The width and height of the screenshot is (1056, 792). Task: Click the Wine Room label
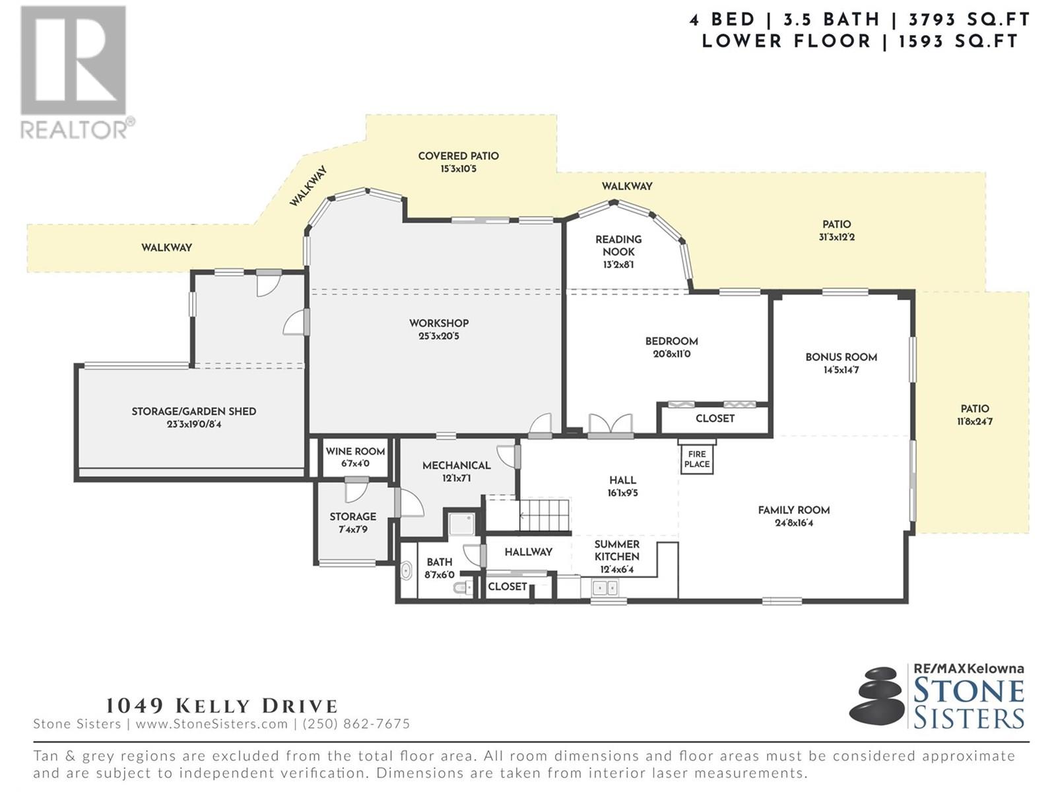click(355, 451)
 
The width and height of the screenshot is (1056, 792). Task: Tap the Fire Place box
click(696, 459)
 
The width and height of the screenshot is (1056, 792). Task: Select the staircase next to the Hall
click(544, 515)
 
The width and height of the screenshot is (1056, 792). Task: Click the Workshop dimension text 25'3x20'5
click(439, 336)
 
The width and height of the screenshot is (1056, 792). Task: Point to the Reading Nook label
click(618, 246)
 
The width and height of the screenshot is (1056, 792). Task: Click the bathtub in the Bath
click(407, 572)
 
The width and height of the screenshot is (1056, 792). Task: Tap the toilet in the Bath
click(462, 587)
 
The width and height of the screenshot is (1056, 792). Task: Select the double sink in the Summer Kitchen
click(605, 587)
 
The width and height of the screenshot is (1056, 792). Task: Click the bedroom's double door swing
click(610, 424)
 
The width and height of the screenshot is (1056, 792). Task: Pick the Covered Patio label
click(458, 156)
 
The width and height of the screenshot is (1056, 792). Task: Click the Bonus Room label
click(841, 357)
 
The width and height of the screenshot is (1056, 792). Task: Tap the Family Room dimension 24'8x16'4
click(794, 523)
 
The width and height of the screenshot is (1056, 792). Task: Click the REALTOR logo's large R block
click(73, 61)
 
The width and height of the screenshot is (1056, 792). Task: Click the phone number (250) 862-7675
click(356, 724)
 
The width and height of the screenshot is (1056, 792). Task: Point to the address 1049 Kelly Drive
click(221, 706)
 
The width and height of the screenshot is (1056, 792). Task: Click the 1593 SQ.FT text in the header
click(958, 42)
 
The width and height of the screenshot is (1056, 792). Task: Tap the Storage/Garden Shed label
click(194, 411)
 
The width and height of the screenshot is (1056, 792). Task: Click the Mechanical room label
click(457, 465)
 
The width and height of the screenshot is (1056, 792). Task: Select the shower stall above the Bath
click(462, 524)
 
